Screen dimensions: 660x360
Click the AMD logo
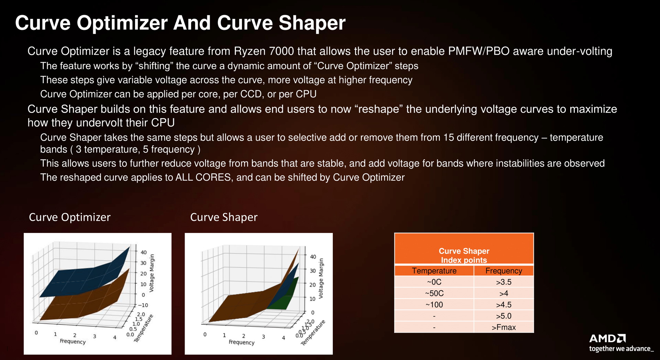pyautogui.click(x=607, y=338)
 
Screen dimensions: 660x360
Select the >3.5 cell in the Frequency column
pyautogui.click(x=504, y=282)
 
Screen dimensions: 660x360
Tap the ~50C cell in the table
pyautogui.click(x=434, y=293)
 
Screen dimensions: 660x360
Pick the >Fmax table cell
pyautogui.click(x=504, y=327)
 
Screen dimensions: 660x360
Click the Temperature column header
pyautogui.click(x=434, y=271)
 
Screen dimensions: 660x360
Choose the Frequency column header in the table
pyautogui.click(x=504, y=271)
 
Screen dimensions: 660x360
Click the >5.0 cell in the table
pyautogui.click(x=504, y=316)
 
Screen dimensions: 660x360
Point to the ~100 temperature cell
pyautogui.click(x=434, y=305)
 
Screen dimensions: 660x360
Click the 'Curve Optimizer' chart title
pyautogui.click(x=70, y=217)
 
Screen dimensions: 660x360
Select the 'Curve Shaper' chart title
pyautogui.click(x=224, y=217)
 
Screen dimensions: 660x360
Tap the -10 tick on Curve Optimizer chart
pyautogui.click(x=143, y=305)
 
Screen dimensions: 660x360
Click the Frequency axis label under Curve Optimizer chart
pyautogui.click(x=73, y=341)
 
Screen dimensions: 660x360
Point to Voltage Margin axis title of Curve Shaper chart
pyautogui.click(x=321, y=278)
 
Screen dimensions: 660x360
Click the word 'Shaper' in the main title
pyautogui.click(x=312, y=23)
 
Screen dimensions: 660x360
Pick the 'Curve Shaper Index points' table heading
pyautogui.click(x=464, y=256)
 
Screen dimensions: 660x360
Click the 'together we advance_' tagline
pyautogui.click(x=621, y=349)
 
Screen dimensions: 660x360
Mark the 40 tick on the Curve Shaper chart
pyautogui.click(x=313, y=257)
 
